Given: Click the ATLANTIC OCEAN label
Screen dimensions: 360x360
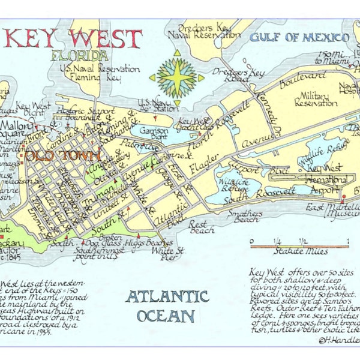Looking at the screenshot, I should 167,306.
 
